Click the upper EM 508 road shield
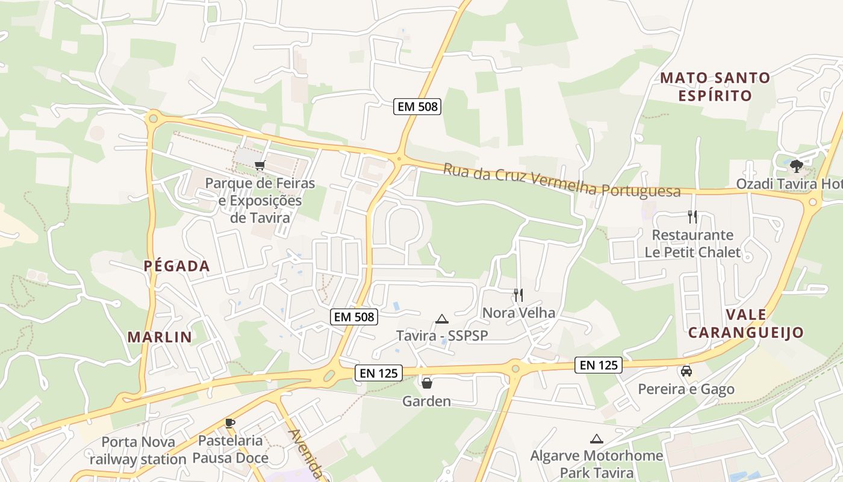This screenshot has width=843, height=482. pos(418,107)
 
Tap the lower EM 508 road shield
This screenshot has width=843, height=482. pos(354,316)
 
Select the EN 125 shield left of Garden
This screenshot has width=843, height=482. pos(378,373)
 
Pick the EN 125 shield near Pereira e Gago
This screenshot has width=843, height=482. pos(599,365)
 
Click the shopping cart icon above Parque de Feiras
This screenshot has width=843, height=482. pos(260,165)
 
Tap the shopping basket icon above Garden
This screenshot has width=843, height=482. pos(427,383)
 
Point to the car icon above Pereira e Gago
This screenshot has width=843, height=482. pos(686,371)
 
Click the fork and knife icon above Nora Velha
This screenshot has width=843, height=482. pos(518,295)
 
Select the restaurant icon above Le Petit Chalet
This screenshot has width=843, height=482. pos(692,216)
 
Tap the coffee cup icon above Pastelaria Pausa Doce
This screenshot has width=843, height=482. pos(229,423)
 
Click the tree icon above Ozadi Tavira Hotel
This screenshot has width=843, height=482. pos(797,166)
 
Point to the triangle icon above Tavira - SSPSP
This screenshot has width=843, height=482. pos(442,319)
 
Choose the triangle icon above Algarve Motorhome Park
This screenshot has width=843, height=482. pos(596,439)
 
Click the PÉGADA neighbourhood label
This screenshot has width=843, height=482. pos(176,266)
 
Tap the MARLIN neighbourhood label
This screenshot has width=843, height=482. pos(160,337)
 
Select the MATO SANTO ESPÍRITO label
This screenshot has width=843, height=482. pos(715,87)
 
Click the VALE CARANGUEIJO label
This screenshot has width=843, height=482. pos(746,324)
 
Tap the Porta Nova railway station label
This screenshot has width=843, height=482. pos(138,451)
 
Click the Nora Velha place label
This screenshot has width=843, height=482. pos(518,313)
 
